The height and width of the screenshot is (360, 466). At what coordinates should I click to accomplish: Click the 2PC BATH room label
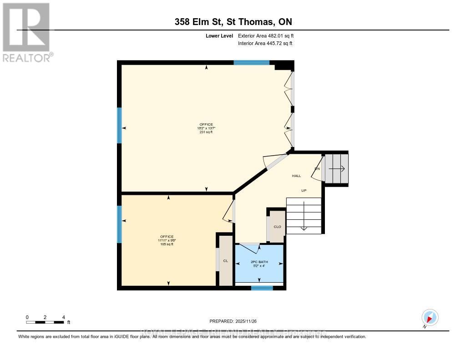pyautogui.click(x=259, y=262)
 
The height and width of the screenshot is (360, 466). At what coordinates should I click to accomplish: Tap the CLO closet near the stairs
pyautogui.click(x=277, y=227)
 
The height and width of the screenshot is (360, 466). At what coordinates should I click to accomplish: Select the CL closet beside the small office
pyautogui.click(x=225, y=261)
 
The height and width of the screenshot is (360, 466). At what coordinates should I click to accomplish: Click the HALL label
pyautogui.click(x=297, y=176)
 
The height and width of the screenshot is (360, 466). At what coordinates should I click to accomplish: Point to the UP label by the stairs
pyautogui.click(x=304, y=191)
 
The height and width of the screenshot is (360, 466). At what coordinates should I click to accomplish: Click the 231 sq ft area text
pyautogui.click(x=206, y=132)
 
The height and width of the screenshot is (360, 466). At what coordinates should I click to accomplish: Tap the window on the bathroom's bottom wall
pyautogui.click(x=262, y=288)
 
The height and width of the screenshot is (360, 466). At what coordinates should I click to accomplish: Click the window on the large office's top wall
pyautogui.click(x=251, y=63)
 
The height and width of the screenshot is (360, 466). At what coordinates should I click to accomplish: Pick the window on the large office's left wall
pyautogui.click(x=120, y=125)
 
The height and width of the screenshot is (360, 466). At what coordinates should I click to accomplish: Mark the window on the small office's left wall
pyautogui.click(x=120, y=224)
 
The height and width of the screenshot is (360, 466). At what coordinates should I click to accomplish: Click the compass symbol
pyautogui.click(x=430, y=317)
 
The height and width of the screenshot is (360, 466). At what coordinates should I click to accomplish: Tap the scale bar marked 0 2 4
pyautogui.click(x=45, y=322)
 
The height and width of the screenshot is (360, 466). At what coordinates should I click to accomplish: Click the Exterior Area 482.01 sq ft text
pyautogui.click(x=269, y=35)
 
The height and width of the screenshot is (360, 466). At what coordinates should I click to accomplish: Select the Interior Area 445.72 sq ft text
pyautogui.click(x=265, y=43)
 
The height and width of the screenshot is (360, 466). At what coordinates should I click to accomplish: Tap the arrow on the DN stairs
pyautogui.click(x=337, y=168)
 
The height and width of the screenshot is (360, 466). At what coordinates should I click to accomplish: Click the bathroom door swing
pyautogui.click(x=249, y=248)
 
